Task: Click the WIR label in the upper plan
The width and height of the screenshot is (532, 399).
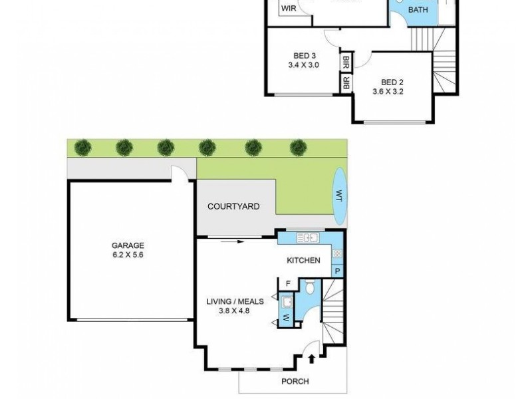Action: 289,9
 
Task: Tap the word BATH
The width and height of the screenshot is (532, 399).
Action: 418,10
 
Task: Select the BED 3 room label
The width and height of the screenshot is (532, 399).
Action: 304,55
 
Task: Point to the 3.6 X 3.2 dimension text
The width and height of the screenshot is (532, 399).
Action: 388,92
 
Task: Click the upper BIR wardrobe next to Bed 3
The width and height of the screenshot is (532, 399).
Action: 346,63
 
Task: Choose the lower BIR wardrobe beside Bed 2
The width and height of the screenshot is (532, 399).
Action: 346,83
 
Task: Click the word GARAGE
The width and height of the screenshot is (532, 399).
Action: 128,245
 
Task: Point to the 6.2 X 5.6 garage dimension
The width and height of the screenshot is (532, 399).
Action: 128,255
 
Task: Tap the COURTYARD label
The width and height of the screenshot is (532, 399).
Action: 233,207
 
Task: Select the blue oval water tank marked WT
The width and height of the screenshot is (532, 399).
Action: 338,196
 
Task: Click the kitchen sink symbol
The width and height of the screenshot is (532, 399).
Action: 309,237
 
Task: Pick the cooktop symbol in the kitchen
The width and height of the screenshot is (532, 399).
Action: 337,253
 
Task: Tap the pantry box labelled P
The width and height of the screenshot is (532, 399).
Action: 337,271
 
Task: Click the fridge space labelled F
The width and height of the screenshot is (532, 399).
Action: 288,284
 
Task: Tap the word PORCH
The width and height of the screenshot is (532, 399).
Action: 295,381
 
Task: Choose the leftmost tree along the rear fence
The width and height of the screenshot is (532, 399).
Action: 83,146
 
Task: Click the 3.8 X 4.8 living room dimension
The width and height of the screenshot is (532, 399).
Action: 235,311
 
